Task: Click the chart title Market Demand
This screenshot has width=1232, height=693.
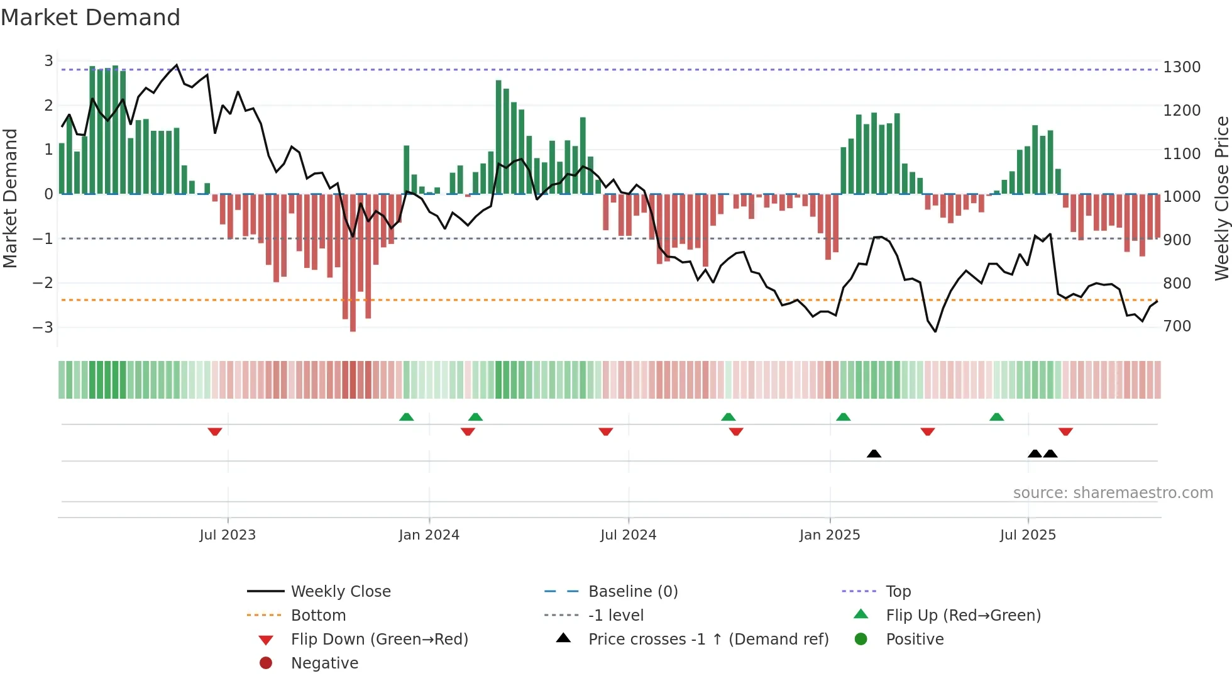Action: pyautogui.click(x=91, y=18)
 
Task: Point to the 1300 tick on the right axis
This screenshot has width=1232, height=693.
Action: pyautogui.click(x=1181, y=67)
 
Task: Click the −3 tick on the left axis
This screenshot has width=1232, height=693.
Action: pyautogui.click(x=43, y=327)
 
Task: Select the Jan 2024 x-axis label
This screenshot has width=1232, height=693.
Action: pyautogui.click(x=429, y=535)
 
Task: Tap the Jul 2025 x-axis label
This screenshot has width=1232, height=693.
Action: pyautogui.click(x=1028, y=535)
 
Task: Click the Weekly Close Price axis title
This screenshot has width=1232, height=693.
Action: pyautogui.click(x=1221, y=198)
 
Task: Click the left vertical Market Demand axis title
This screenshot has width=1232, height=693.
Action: pyautogui.click(x=10, y=198)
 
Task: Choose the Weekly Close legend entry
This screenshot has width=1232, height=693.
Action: pyautogui.click(x=340, y=592)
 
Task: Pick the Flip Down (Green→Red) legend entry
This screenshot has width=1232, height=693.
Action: pyautogui.click(x=379, y=640)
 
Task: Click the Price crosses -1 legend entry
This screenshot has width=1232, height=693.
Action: pyautogui.click(x=708, y=640)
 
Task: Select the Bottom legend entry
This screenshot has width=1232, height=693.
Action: pyautogui.click(x=318, y=616)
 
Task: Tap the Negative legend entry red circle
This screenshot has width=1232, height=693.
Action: pyautogui.click(x=266, y=663)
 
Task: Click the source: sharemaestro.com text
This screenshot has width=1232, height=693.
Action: pyautogui.click(x=1113, y=493)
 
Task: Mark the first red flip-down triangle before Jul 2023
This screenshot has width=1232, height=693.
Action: pyautogui.click(x=215, y=431)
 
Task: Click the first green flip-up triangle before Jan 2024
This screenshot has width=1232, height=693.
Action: pyautogui.click(x=407, y=417)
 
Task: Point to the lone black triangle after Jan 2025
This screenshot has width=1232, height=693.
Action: pyautogui.click(x=874, y=453)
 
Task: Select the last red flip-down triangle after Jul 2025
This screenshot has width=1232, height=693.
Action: pyautogui.click(x=1065, y=431)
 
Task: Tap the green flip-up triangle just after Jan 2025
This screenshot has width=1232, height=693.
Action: pyautogui.click(x=844, y=417)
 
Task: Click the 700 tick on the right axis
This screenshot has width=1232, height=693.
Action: pyautogui.click(x=1177, y=326)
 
